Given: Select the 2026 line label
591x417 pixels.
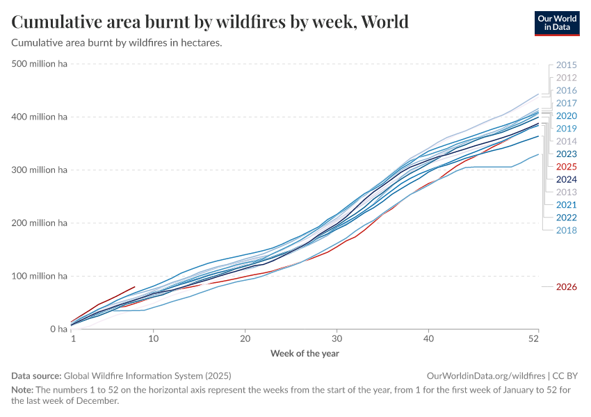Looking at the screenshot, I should coord(567,286).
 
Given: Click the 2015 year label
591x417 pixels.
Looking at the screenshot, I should coord(567,65).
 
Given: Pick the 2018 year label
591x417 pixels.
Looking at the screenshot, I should coord(567,229).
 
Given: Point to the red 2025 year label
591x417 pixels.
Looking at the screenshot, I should coord(567,167).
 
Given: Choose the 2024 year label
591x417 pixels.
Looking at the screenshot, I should coord(567,179).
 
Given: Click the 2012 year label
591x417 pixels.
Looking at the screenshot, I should coord(567,78).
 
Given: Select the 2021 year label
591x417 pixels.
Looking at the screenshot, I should coord(567,204).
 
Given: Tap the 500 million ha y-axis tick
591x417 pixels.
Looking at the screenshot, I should coord(40,64).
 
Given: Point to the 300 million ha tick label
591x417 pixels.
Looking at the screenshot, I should coord(40,170).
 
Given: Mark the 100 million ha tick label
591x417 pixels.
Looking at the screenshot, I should coord(40,277).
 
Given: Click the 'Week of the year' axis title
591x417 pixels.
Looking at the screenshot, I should coord(305,353).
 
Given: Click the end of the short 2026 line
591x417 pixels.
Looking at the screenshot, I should coord(135,286).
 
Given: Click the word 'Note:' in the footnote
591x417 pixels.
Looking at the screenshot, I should coord(24,390).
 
